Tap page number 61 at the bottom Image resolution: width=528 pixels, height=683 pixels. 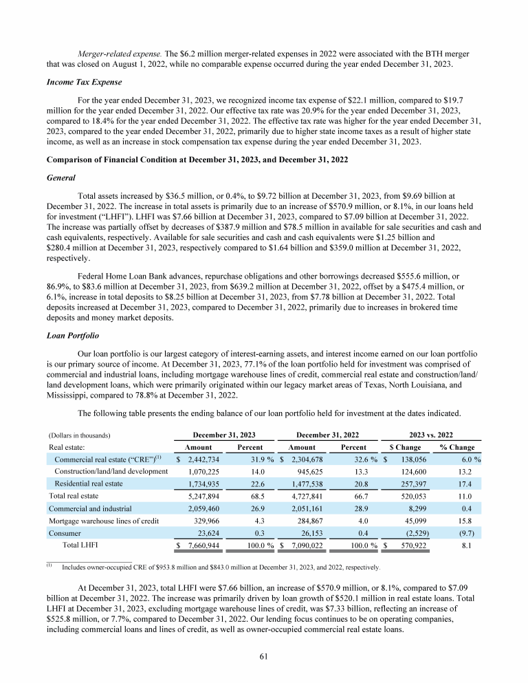[263, 656]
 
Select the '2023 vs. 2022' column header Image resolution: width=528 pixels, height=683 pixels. [430, 435]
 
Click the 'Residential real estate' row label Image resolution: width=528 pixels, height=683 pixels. [93, 484]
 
